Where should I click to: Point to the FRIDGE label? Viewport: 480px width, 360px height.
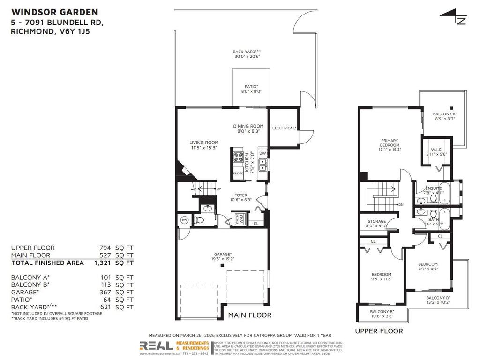click(x=238, y=173)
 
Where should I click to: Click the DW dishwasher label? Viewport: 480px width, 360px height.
click(x=262, y=153)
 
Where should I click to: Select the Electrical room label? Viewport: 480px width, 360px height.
click(x=285, y=127)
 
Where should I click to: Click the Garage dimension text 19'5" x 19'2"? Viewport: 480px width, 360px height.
click(x=223, y=258)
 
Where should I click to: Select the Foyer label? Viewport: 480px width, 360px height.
click(x=241, y=197)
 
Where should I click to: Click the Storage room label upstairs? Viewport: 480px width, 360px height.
click(x=376, y=224)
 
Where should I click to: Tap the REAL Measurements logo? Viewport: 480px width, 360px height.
click(x=174, y=346)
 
